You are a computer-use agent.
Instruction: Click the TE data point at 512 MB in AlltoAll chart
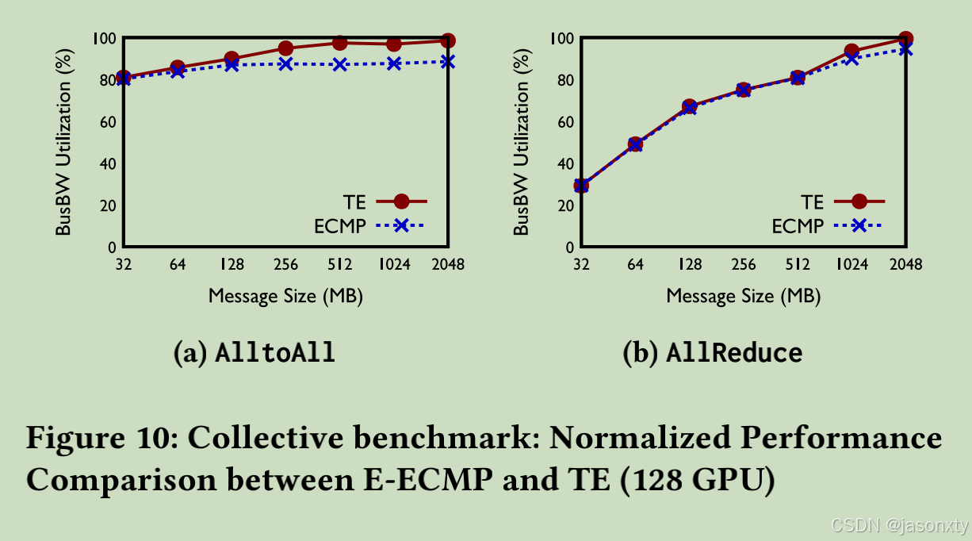339,43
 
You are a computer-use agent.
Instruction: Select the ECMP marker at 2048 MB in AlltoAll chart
448,61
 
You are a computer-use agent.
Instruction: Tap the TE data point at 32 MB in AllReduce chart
581,186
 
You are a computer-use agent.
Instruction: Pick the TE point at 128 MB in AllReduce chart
690,106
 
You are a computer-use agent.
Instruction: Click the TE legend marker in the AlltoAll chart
401,202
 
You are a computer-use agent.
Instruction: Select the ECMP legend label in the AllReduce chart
798,227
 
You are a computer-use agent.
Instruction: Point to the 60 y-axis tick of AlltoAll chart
106,122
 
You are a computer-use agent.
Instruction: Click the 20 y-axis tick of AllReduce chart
564,205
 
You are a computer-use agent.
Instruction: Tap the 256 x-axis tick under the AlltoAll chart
285,265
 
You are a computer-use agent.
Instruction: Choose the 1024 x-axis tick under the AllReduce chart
851,265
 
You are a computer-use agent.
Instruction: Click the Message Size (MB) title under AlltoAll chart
285,297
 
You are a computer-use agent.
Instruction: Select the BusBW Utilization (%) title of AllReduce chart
521,143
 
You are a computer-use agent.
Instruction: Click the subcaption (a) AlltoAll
254,353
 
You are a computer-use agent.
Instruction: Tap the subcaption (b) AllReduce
712,353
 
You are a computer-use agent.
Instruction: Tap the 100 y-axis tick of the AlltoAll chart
103,38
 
